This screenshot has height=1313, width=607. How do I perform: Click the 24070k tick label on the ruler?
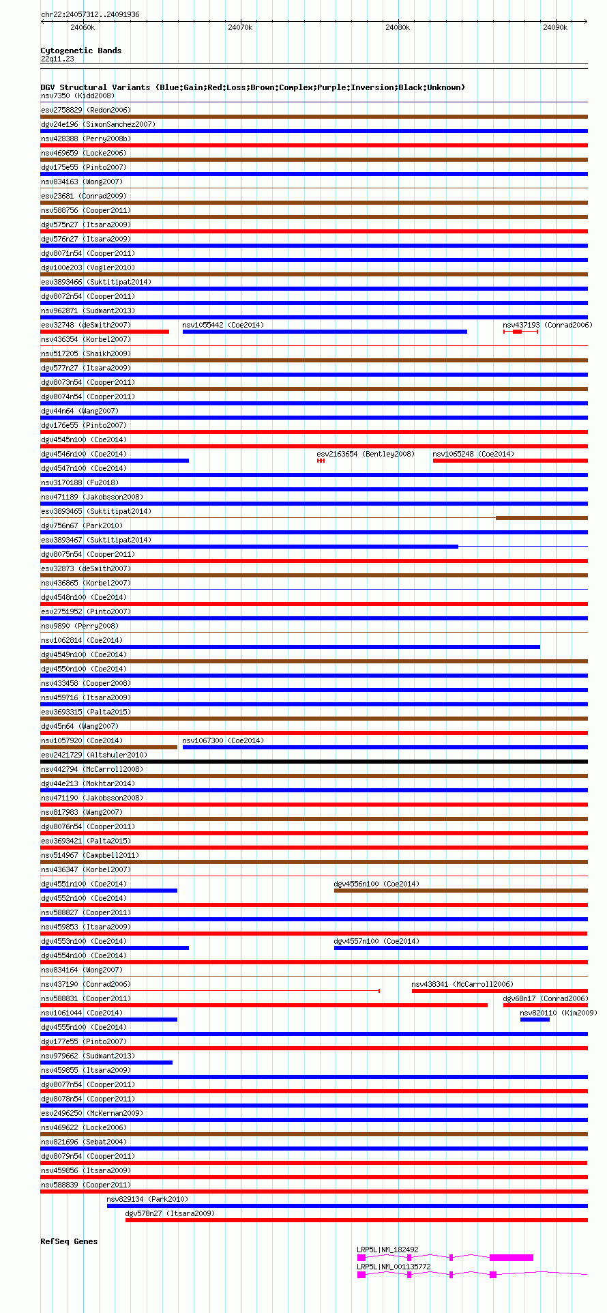240,27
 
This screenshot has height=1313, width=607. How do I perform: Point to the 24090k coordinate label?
555,27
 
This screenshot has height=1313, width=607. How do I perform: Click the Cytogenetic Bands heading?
80,50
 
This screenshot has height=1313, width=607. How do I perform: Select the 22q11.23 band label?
57,59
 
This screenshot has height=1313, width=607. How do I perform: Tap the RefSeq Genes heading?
69,1241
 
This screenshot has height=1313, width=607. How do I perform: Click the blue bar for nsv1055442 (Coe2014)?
325,332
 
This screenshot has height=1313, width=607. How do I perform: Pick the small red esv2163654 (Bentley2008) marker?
321,461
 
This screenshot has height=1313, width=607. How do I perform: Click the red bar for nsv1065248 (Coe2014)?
509,461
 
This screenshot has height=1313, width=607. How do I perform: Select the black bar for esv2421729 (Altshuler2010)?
314,762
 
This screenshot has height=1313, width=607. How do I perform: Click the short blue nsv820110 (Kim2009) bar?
535,1020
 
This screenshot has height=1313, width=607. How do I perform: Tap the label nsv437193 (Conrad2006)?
547,325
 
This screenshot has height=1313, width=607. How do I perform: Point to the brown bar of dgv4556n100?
460,891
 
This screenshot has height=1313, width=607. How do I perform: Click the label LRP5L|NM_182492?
387,1250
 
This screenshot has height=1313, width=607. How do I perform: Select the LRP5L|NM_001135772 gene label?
394,1267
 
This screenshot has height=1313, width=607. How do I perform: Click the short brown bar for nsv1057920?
108,747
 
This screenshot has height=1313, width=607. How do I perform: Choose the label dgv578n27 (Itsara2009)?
169,1213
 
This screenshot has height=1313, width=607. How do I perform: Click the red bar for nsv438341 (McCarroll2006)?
499,991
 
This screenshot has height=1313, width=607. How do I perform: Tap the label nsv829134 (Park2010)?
147,1199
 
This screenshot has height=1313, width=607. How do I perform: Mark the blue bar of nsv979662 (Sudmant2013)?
106,1063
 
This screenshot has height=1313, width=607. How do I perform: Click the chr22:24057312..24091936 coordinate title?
90,14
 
